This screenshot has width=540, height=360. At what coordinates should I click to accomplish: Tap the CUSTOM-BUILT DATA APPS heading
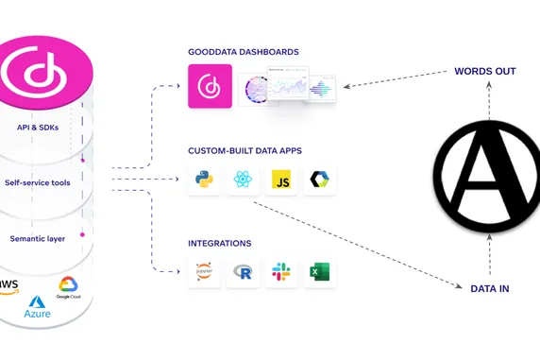click(244, 148)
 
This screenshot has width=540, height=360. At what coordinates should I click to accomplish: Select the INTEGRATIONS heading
click(219, 243)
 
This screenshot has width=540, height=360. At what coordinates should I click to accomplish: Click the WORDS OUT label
click(485, 71)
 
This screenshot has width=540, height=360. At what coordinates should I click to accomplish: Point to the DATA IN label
click(489, 288)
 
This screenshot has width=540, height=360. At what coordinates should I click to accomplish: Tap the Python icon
click(204, 180)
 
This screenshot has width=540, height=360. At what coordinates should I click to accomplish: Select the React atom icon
click(243, 180)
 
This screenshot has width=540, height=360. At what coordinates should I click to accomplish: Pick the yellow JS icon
click(280, 180)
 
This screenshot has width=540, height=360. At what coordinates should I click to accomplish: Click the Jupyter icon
click(204, 272)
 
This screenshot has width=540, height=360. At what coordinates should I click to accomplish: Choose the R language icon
click(243, 272)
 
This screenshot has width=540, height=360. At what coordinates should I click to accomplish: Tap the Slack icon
click(280, 272)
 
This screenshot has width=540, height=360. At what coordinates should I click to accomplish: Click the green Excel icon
click(319, 272)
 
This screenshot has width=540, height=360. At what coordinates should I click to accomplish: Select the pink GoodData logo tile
click(210, 86)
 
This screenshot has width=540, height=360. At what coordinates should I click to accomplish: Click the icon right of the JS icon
click(319, 180)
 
